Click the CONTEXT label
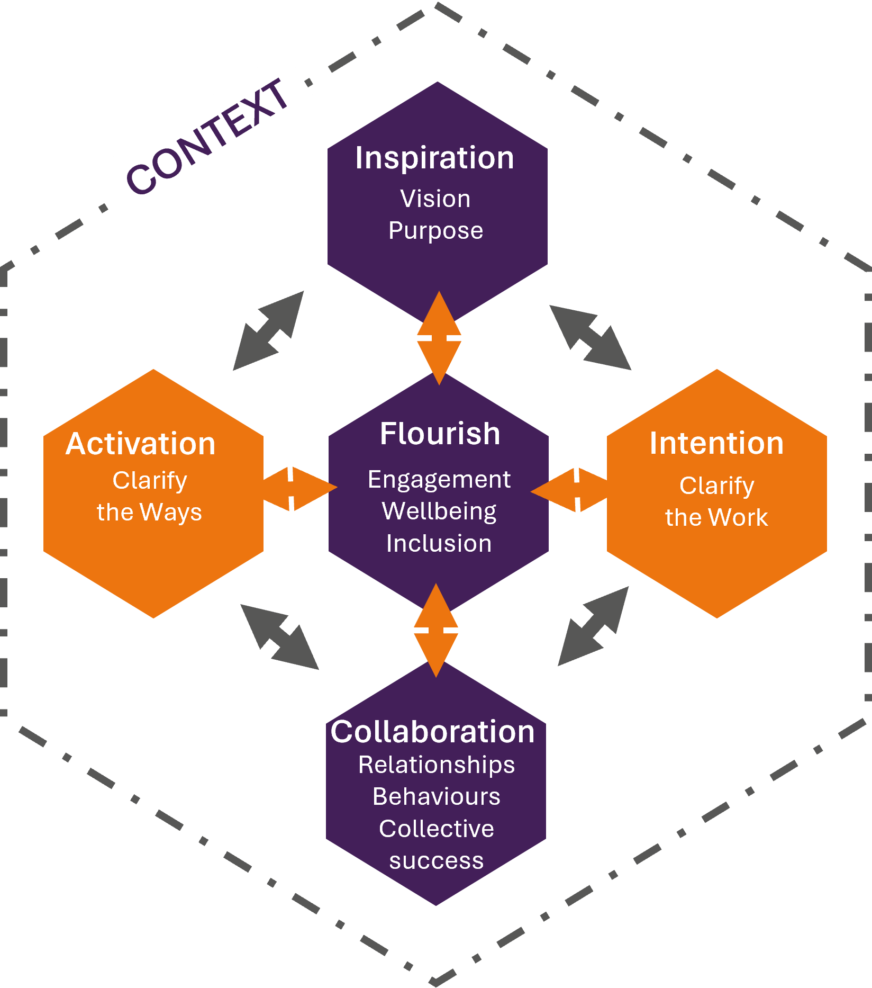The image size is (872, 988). click(207, 137)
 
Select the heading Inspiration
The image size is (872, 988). click(434, 158)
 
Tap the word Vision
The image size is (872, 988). click(435, 199)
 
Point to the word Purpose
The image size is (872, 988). click(435, 231)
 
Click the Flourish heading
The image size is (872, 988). click(440, 434)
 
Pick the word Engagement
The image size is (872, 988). click(439, 480)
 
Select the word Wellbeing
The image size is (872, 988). click(439, 511)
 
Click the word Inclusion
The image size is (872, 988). click(439, 543)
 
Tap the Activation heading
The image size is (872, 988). click(140, 444)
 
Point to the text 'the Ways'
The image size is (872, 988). click(149, 513)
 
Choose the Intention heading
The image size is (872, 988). click(716, 443)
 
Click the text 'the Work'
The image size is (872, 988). click(716, 517)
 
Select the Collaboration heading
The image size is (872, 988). click(432, 732)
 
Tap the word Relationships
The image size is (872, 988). click(436, 765)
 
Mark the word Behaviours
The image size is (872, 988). click(436, 797)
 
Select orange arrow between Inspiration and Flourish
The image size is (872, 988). click(439, 337)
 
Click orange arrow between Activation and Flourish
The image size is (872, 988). click(299, 488)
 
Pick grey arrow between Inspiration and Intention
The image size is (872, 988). click(590, 337)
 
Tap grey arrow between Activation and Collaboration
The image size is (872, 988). click(279, 637)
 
